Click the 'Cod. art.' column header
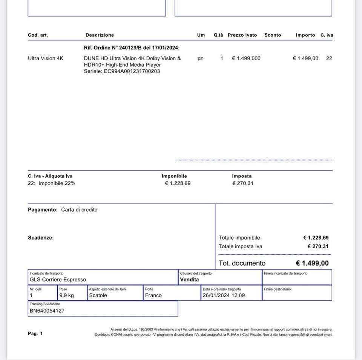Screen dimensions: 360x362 (38, 35)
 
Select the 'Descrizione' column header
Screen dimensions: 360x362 (100, 35)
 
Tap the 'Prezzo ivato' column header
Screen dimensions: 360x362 (242, 35)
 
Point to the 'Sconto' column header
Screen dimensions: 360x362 (273, 35)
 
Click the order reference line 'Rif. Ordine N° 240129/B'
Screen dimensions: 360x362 (132, 48)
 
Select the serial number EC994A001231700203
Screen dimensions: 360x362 (132, 71)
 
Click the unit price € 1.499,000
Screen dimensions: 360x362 (246, 58)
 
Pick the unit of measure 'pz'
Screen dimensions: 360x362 (200, 58)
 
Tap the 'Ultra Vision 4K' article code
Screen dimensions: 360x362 (46, 58)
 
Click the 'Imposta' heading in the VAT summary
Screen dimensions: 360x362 (242, 176)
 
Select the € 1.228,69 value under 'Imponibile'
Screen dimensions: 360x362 (178, 183)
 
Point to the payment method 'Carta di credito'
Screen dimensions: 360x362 (79, 210)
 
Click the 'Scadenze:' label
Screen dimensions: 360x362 (41, 238)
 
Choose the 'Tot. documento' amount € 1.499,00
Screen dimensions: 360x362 (312, 263)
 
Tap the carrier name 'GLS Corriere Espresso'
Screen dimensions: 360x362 (58, 280)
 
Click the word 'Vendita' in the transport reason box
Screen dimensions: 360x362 (189, 280)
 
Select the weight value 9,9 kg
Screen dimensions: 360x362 (66, 295)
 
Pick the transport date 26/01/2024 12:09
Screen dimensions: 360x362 (224, 295)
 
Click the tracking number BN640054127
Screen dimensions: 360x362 (47, 311)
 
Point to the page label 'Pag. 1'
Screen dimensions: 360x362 (35, 334)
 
